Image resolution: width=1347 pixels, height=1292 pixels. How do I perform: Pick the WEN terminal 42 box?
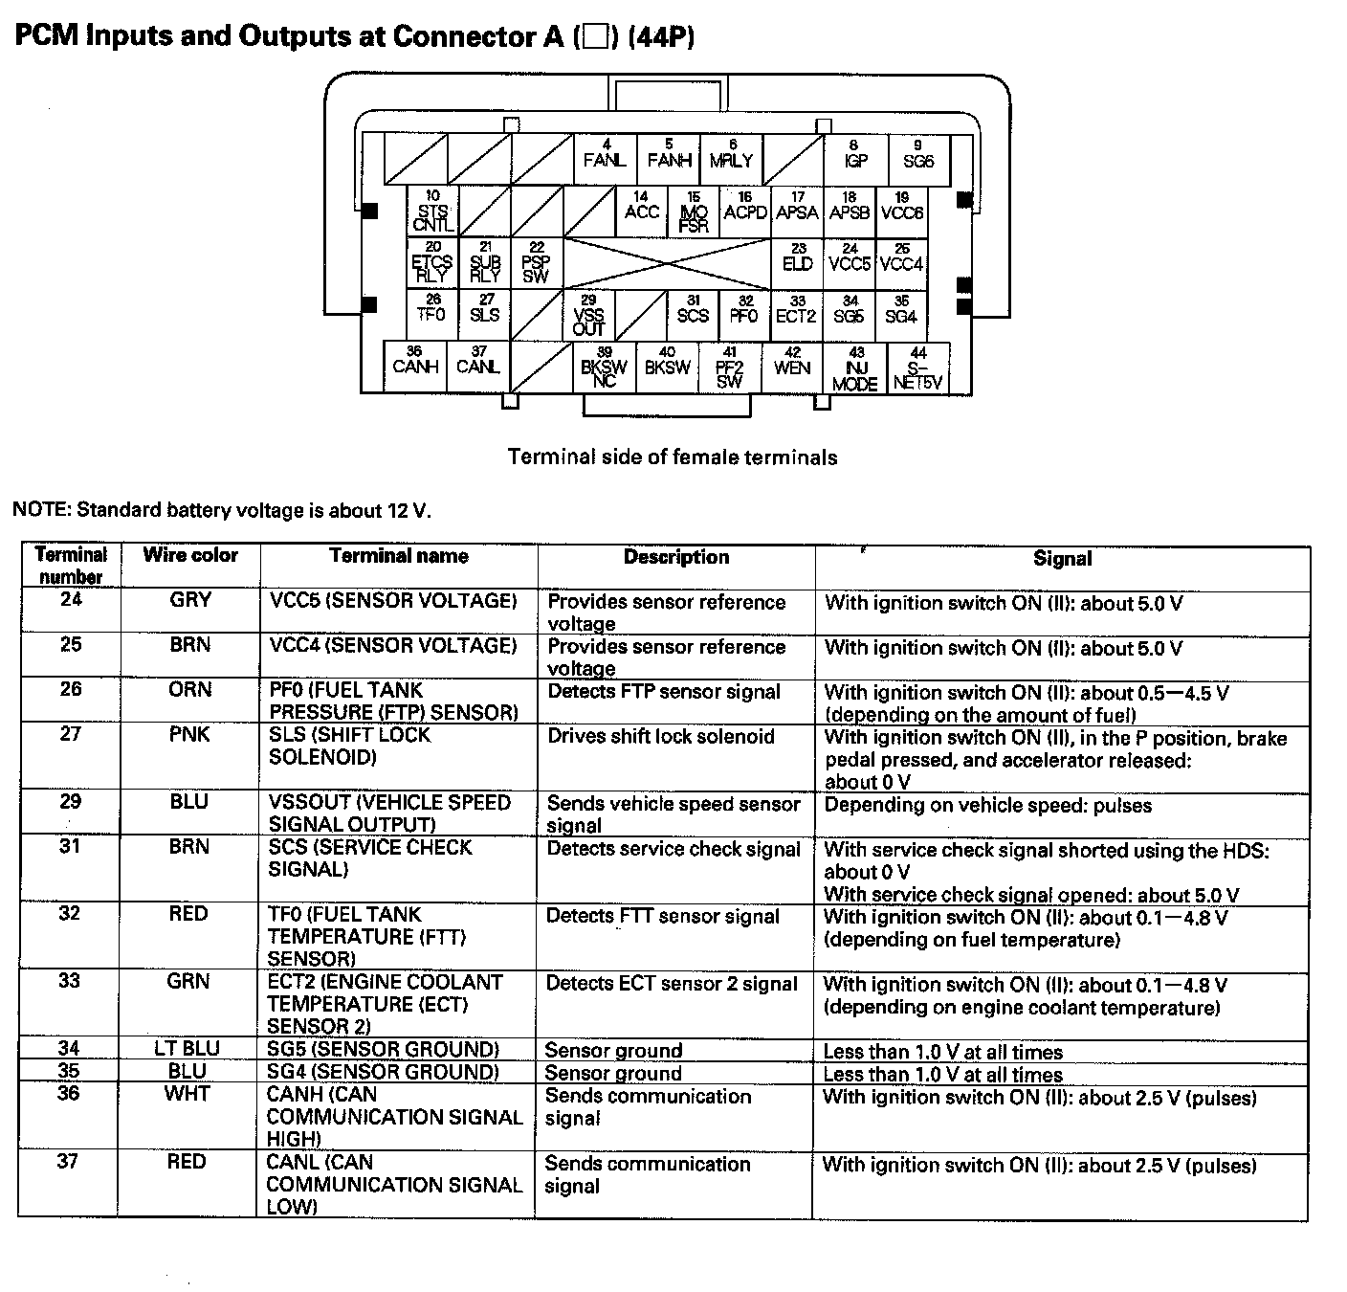792,365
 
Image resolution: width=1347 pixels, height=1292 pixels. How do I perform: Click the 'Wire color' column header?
190,556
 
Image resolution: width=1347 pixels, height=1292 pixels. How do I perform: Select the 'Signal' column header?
1062,559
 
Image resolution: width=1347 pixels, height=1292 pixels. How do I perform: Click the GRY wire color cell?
190,600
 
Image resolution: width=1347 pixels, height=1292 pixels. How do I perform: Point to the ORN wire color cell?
190,690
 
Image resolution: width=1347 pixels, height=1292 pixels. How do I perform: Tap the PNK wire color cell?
190,735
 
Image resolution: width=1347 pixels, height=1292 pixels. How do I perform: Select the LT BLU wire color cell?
188,1048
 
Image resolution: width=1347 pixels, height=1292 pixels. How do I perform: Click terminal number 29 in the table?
71,802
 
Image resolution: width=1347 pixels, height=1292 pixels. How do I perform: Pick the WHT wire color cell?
188,1094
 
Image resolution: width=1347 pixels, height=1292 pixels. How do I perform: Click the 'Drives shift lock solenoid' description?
661,737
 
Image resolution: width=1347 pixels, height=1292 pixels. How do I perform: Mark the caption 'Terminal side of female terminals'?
673,457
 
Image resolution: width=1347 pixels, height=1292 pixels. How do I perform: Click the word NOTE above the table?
39,510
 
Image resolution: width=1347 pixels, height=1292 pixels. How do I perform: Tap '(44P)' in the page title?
661,36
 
